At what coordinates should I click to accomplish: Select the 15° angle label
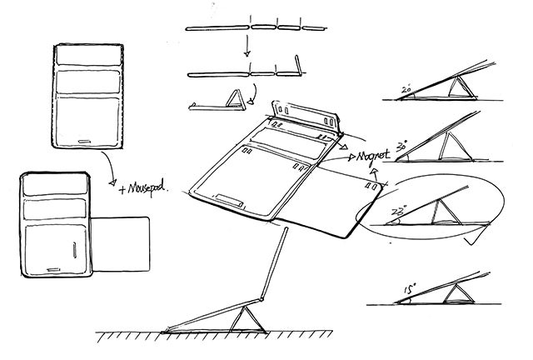411,291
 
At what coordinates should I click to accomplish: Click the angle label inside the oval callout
396,213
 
